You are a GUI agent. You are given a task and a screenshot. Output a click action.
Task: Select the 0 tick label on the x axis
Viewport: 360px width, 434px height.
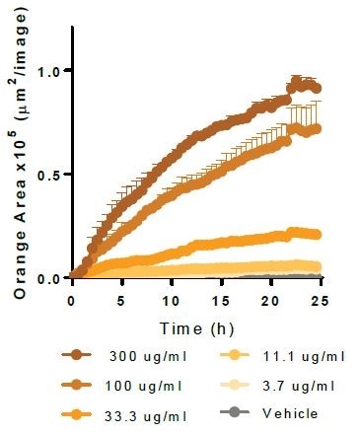pos(72,299)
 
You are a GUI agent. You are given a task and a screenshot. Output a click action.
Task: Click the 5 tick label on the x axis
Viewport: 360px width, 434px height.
pos(121,299)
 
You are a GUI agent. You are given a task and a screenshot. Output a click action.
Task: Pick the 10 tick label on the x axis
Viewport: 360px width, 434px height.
pos(171,299)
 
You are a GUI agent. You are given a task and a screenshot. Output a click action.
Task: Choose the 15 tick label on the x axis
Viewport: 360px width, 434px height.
pos(220,299)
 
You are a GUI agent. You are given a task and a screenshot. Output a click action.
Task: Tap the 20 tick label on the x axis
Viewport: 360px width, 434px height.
pos(270,299)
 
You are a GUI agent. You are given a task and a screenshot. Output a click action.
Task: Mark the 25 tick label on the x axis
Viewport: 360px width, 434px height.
pos(320,299)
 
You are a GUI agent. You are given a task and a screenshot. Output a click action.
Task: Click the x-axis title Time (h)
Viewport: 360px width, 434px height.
pos(194,326)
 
